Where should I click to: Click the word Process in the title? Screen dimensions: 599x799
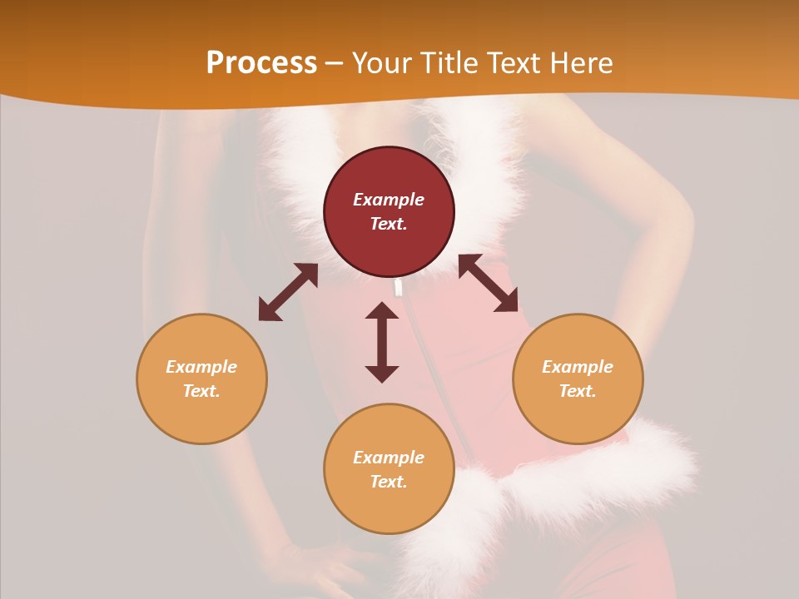click(261, 63)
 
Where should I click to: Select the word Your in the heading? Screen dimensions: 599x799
click(384, 63)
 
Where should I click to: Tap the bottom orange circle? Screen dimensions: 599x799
click(389, 499)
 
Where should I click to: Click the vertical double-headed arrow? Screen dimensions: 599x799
click(382, 342)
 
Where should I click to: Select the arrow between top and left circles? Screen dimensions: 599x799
click(288, 292)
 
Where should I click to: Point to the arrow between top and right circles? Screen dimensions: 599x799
click(488, 283)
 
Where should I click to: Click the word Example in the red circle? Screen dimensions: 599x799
click(389, 200)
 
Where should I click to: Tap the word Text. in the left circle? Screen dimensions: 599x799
click(201, 391)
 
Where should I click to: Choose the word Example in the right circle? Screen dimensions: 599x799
click(578, 367)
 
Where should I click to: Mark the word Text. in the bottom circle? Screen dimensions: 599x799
click(389, 482)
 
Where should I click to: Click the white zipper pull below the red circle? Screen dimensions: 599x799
click(399, 288)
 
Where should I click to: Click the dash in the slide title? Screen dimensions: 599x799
click(334, 63)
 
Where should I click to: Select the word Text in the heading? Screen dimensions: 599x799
click(512, 63)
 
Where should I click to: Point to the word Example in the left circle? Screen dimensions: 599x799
click(201, 367)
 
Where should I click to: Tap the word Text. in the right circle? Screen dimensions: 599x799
click(578, 391)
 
